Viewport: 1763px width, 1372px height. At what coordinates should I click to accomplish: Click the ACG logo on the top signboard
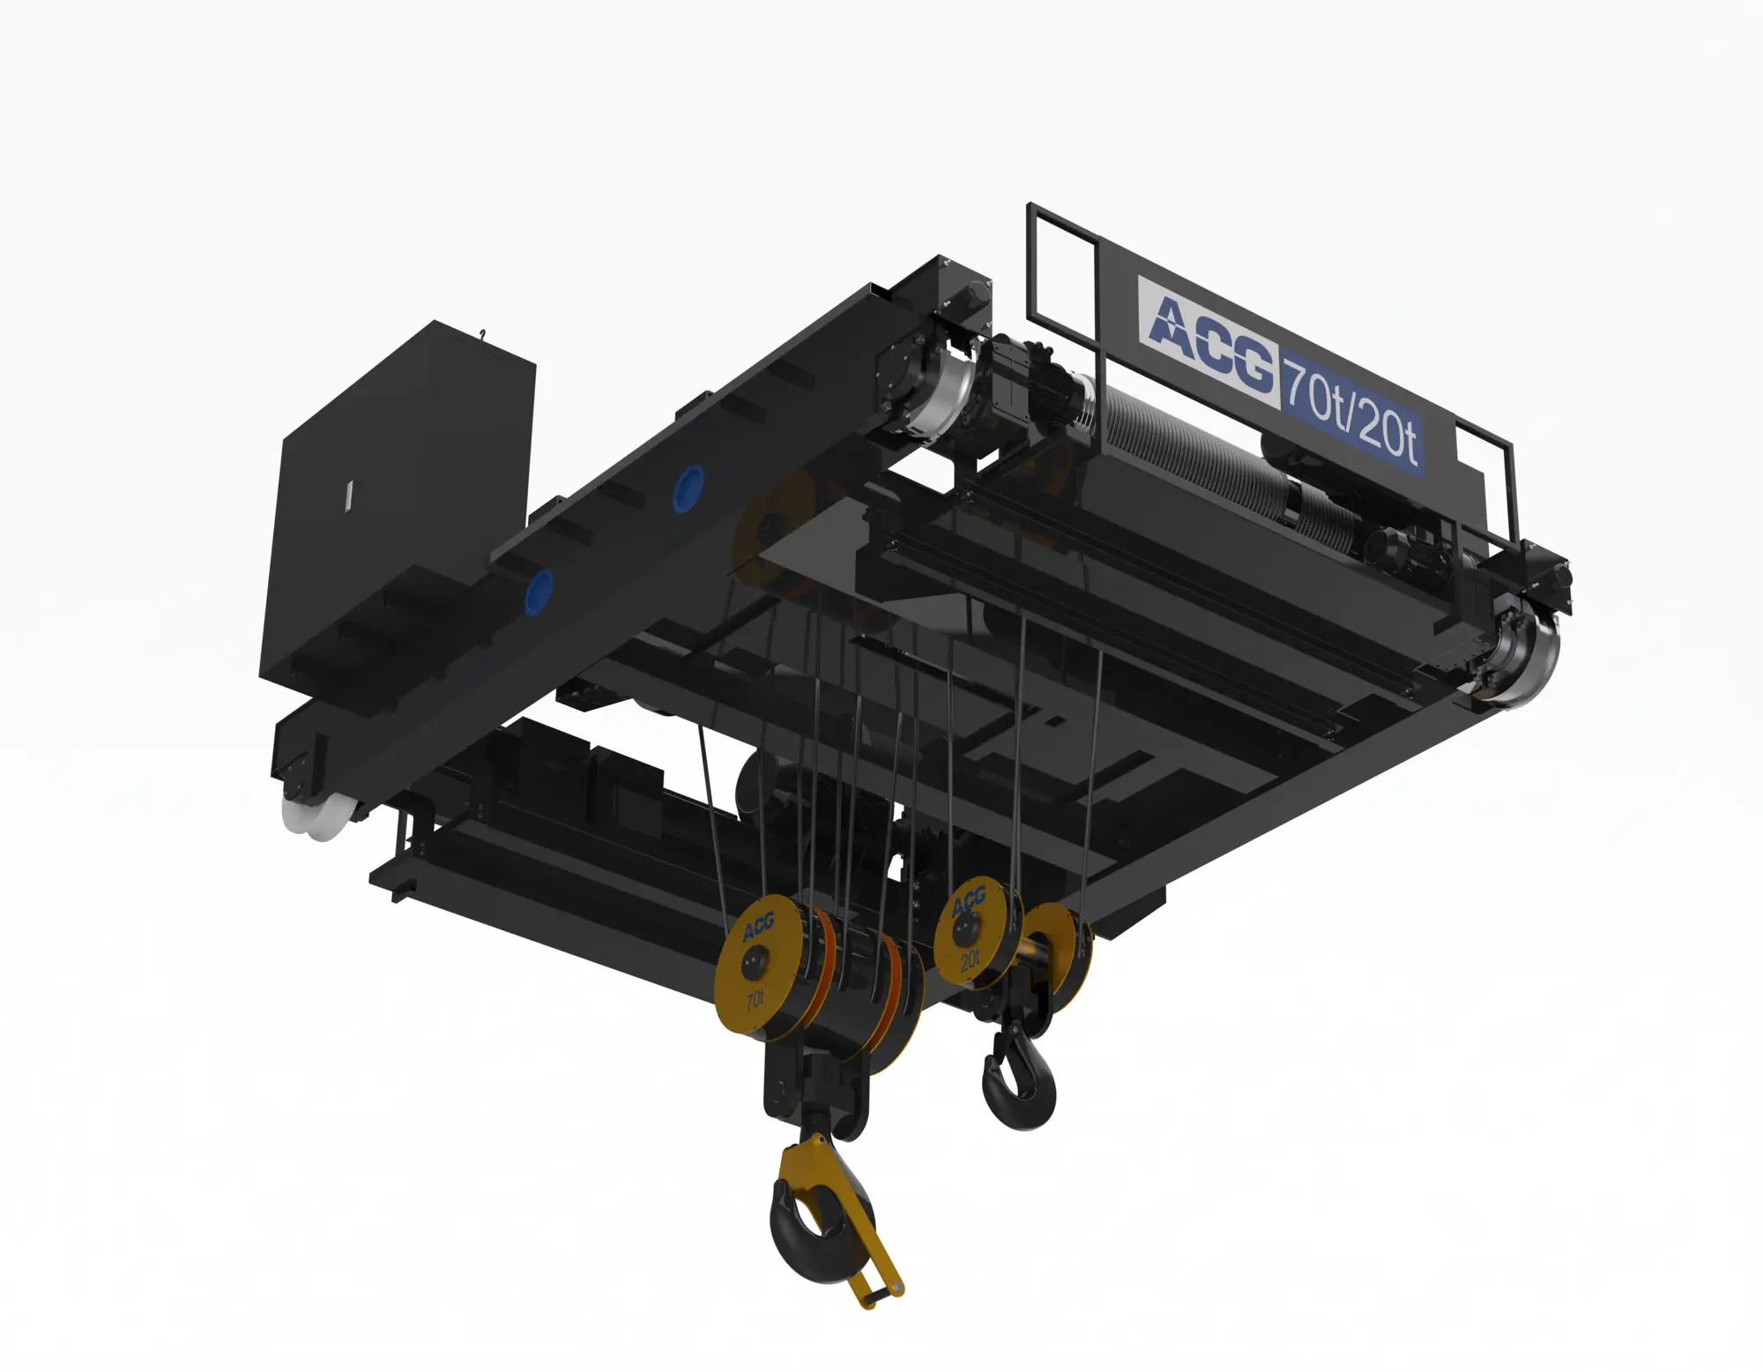click(x=1210, y=339)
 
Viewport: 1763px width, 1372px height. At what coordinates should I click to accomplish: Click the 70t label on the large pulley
click(x=755, y=1000)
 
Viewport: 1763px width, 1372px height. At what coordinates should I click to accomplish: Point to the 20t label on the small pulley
click(x=970, y=960)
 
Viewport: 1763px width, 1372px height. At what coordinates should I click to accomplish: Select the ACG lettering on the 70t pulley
click(x=758, y=926)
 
